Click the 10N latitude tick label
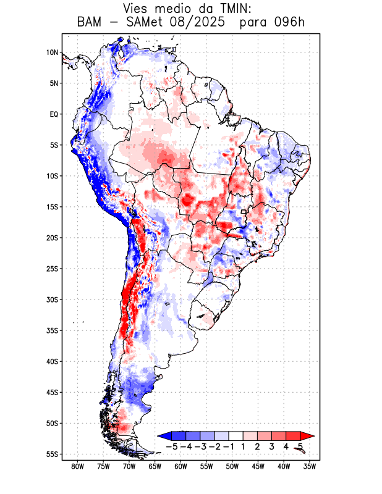coord(52,52)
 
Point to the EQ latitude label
coord(53,114)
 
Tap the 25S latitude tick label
coord(52,269)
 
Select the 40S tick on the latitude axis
coord(52,361)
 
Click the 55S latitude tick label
coord(52,454)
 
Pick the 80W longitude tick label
coord(77,466)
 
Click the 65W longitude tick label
coord(155,466)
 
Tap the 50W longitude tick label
coord(232,466)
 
